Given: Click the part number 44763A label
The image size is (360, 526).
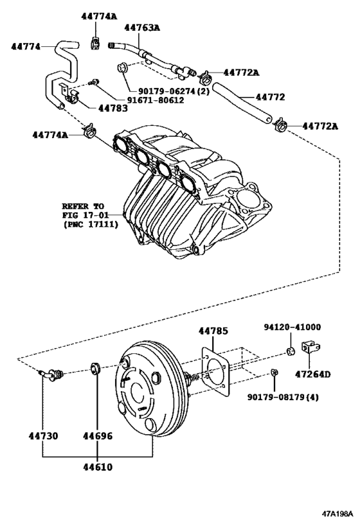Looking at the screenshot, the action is (x=142, y=28).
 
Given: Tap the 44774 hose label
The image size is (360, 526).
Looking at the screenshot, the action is (x=26, y=47).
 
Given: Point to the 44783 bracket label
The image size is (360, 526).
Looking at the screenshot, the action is (x=113, y=109).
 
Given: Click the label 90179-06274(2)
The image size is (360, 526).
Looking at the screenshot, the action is (x=174, y=91).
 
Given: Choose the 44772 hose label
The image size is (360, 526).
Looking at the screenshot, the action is (x=270, y=97).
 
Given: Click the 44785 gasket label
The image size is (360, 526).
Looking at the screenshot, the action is (x=213, y=331).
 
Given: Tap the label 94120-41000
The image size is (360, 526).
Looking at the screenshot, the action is (x=292, y=327).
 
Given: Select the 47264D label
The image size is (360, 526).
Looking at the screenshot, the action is (x=312, y=374).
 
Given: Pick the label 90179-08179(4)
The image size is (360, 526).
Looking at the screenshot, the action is (x=283, y=397).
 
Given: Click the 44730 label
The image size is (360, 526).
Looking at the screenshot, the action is (x=43, y=436).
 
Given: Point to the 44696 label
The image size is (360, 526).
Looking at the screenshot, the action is (x=98, y=436).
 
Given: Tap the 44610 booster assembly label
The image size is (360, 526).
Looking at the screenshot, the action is (x=98, y=467).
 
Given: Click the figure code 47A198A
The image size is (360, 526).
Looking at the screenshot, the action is (x=338, y=514).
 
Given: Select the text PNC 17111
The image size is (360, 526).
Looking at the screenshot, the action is (x=91, y=224).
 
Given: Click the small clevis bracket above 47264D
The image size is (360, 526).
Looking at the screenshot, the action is (x=311, y=347).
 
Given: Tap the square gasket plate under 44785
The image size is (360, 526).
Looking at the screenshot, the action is (x=215, y=371).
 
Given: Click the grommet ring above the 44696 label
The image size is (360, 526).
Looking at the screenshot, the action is (x=96, y=369).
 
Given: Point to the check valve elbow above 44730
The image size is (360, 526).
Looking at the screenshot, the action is (x=51, y=374).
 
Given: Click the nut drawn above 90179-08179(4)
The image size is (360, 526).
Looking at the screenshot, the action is (x=274, y=372).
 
